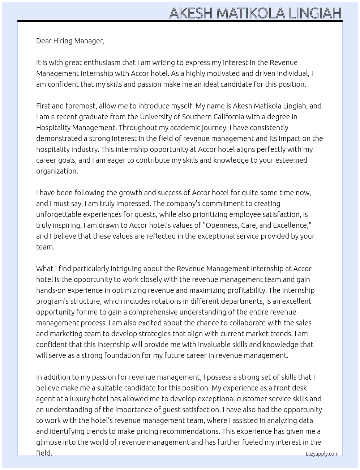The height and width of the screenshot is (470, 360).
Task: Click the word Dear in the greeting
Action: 44,41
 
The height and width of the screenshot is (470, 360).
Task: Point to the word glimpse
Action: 48,442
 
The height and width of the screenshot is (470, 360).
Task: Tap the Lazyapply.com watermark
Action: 322,454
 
